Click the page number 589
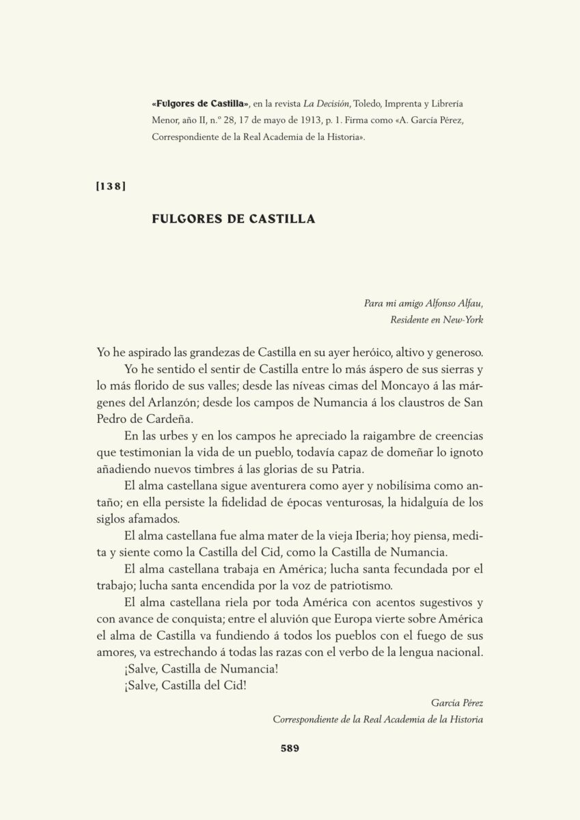click(290, 748)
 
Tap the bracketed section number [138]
click(111, 187)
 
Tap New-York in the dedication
click(464, 319)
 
